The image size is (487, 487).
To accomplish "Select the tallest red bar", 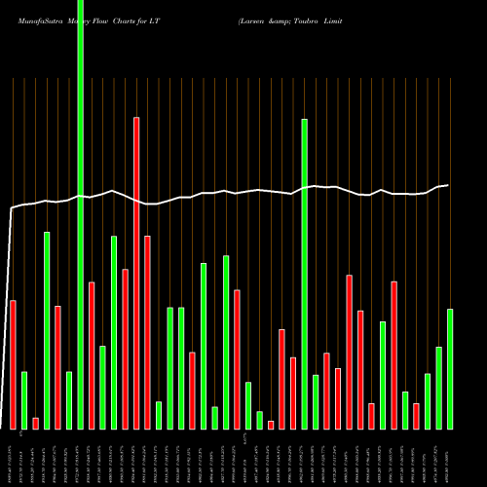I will pos(136,273).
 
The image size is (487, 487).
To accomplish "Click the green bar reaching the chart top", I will pos(80,214).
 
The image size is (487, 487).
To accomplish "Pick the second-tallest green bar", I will pos(305,274).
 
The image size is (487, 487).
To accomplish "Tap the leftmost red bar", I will pos(13,364).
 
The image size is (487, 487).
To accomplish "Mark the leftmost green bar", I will pos(24,399).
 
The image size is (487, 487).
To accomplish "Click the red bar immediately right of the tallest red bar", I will pos(147,332).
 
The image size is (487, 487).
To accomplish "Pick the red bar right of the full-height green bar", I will pos(92,356).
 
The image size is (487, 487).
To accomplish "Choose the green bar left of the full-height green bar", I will pos(69,399).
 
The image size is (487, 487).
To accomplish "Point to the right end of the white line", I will pos(448,185).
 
